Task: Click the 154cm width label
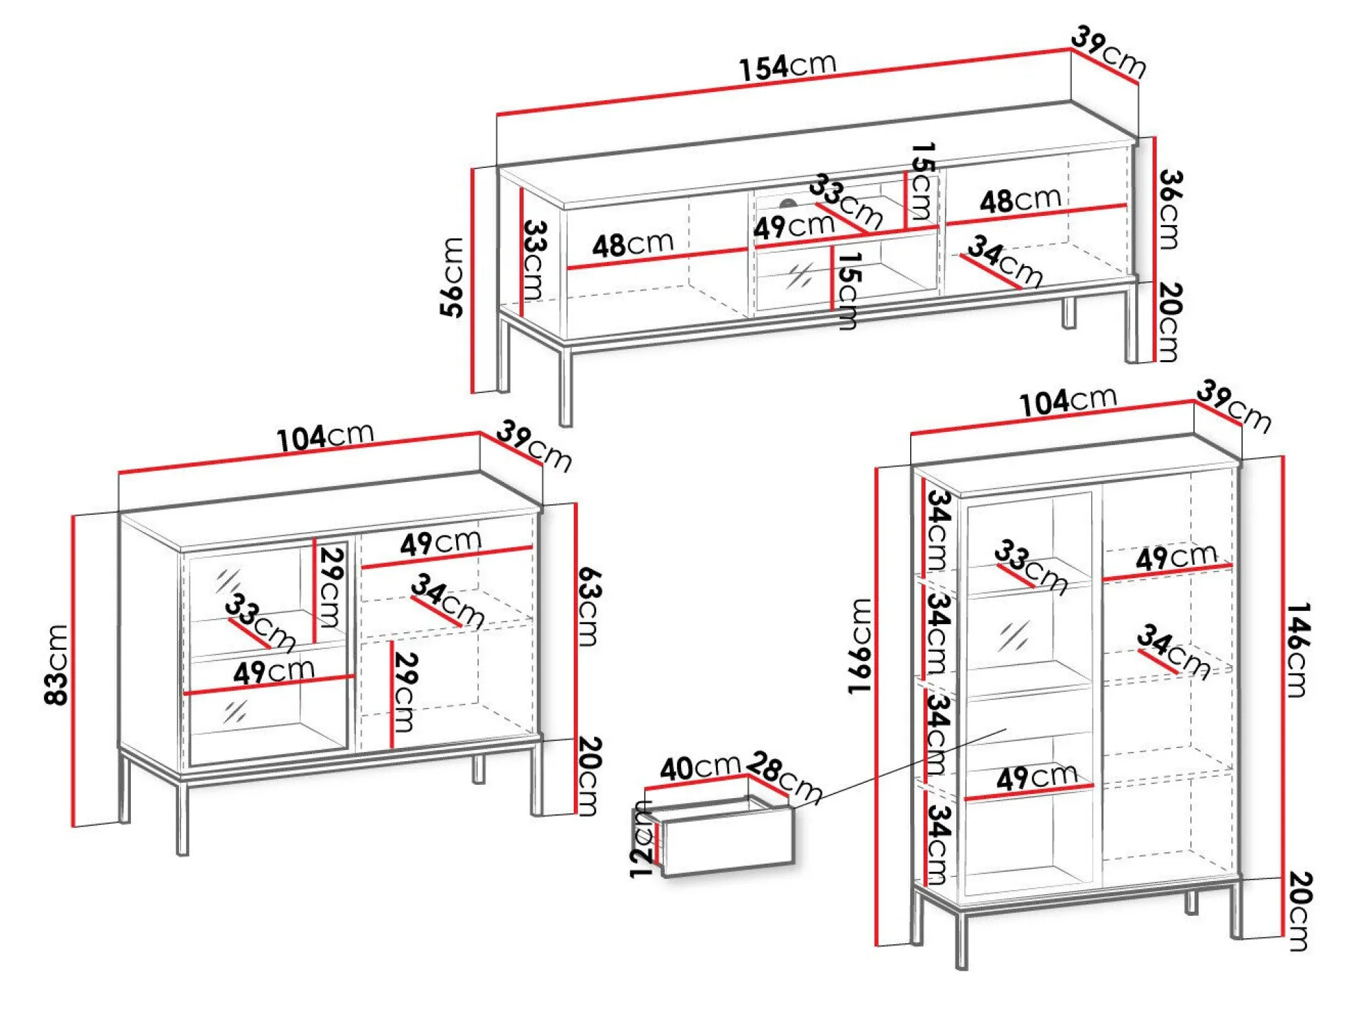[x=787, y=67]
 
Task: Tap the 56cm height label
[x=453, y=277]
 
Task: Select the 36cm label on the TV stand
[x=1170, y=209]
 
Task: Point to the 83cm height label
[x=57, y=664]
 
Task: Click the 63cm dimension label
[x=589, y=606]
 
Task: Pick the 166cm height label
[x=859, y=646]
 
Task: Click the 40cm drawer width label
[x=699, y=767]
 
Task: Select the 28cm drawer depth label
[x=784, y=777]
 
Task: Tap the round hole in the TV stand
[x=788, y=204]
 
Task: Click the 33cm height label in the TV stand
[x=535, y=259]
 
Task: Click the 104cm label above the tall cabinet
[x=1068, y=401]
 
